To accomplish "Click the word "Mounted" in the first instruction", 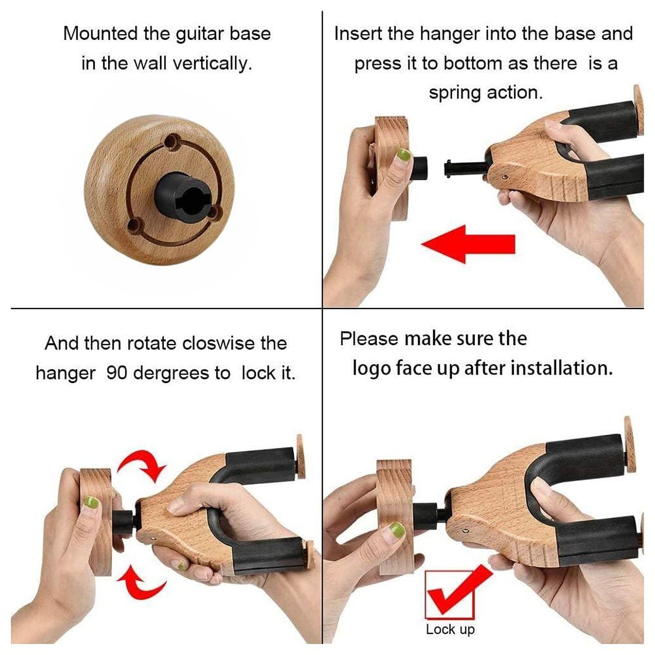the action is click(x=100, y=34).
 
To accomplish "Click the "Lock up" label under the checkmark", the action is click(x=450, y=629).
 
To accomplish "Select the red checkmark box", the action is click(x=450, y=594).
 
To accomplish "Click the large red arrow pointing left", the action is click(x=468, y=244).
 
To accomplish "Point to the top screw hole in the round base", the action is click(x=171, y=142).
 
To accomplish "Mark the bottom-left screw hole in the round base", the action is click(x=133, y=225).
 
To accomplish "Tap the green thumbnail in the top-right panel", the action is click(x=403, y=155).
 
